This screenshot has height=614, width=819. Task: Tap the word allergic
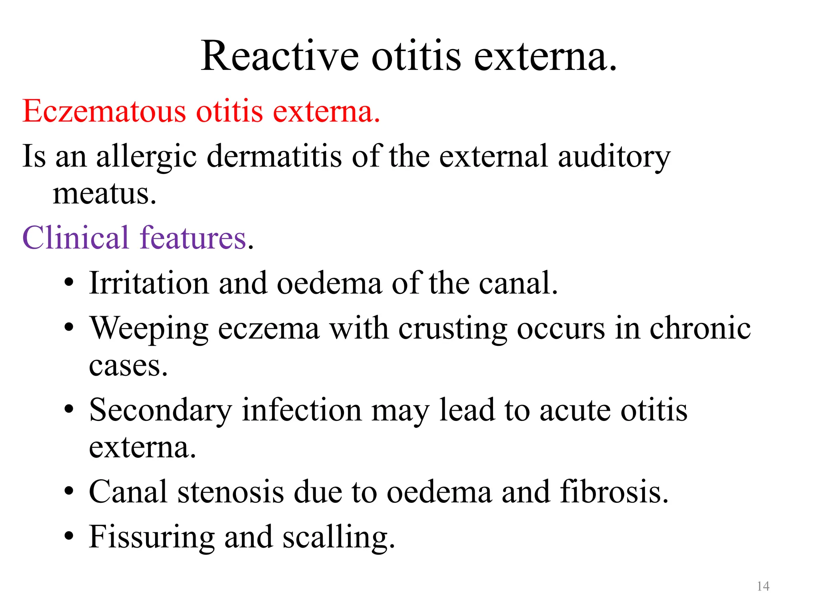tap(146, 157)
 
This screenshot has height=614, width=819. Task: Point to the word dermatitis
tap(274, 156)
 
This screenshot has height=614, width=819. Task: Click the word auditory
tap(614, 157)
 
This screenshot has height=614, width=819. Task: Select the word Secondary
tap(160, 410)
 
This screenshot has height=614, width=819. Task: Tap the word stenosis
tap(231, 492)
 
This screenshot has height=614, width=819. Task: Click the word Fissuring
tap(152, 537)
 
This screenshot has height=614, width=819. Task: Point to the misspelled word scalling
tap(338, 537)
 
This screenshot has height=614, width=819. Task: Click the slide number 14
tap(763, 586)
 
